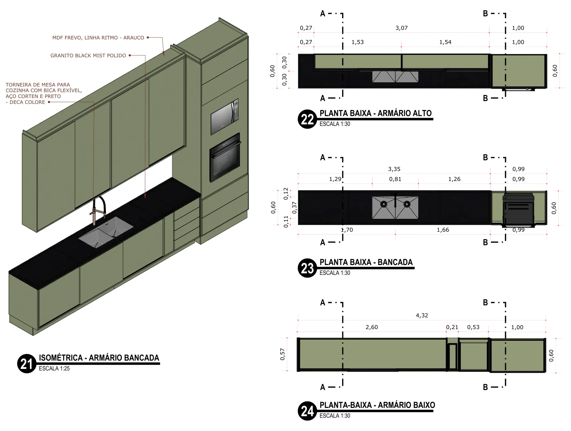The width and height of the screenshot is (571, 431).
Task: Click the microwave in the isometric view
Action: pos(225,117)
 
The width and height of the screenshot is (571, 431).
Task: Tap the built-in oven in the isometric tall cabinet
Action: pos(225,157)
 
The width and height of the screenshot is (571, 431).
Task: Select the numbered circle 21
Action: pos(27,364)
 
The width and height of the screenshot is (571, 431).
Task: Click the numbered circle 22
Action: pos(307,119)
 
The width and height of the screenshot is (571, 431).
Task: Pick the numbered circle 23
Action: pos(307,268)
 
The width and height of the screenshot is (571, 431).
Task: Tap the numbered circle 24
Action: pos(307,411)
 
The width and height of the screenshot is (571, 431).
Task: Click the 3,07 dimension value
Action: pos(401,28)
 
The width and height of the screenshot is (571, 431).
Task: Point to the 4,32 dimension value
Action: pos(422,315)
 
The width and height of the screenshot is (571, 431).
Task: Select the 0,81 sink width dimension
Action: pos(395,179)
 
